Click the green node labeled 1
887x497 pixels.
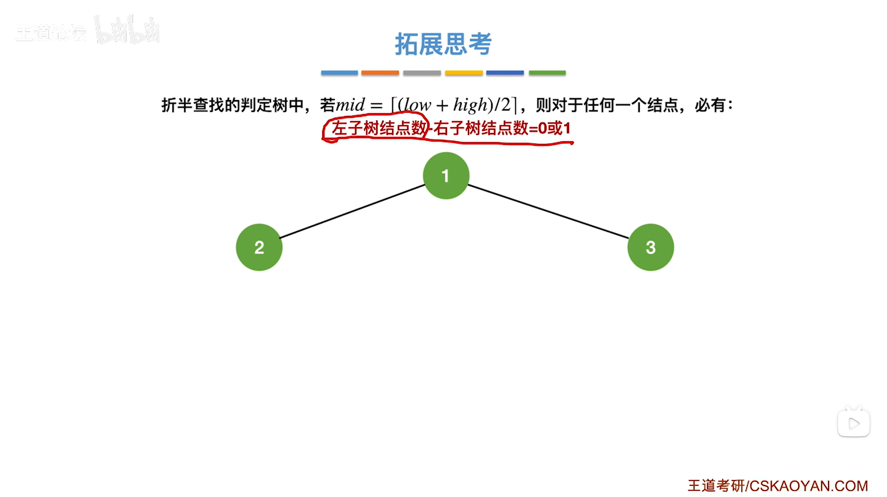tap(446, 176)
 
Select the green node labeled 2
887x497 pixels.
tap(259, 247)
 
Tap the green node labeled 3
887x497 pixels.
tap(651, 247)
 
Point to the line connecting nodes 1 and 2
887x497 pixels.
tap(352, 211)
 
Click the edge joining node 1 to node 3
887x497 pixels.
tap(548, 211)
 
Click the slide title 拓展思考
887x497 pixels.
tap(443, 44)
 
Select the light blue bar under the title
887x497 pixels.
tap(339, 73)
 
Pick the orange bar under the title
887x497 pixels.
tap(380, 73)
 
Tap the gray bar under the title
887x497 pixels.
tap(422, 73)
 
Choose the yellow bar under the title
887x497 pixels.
tap(464, 73)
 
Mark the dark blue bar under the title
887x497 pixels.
tap(505, 73)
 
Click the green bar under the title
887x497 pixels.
tap(547, 73)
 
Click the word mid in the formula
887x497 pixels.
tap(351, 105)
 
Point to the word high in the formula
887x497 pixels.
tap(470, 105)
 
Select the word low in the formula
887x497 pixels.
tap(417, 105)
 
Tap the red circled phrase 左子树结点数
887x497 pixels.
tap(379, 128)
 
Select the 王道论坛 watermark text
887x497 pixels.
tap(50, 33)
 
